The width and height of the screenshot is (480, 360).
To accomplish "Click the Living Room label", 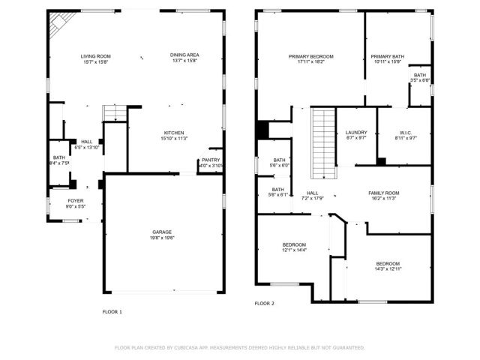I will [x=96, y=56].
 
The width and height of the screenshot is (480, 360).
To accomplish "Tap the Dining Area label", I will [x=184, y=56].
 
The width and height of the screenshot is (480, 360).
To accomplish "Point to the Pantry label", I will [x=211, y=160].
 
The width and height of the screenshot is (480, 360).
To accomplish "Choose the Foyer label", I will [x=76, y=201].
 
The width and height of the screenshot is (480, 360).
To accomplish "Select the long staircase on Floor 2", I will [x=322, y=142].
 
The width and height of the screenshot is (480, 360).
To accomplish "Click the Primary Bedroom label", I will [x=311, y=56].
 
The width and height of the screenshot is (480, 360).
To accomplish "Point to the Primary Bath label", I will [x=388, y=56].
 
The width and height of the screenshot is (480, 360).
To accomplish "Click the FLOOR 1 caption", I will [x=112, y=311].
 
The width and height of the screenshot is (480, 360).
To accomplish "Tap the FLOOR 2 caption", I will [x=264, y=304].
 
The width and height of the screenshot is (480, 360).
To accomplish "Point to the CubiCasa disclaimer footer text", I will [x=240, y=348].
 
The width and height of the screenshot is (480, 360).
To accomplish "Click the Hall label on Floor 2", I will [x=312, y=193].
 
